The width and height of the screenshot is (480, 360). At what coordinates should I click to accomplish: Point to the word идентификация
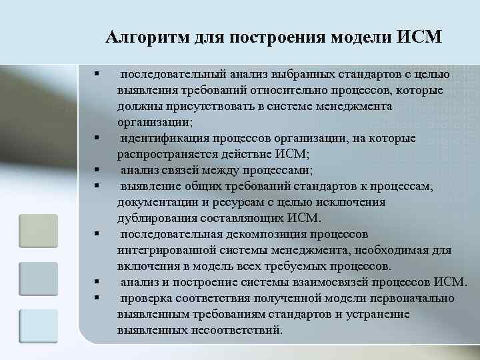coord(164,138)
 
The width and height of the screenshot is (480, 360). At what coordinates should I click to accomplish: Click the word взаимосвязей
coord(337,282)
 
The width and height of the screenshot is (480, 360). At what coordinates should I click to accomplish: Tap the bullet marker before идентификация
coord(97,138)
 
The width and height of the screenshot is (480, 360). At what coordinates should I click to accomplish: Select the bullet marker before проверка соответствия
coord(97,298)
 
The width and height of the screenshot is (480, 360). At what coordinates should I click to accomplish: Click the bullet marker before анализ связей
coord(97,170)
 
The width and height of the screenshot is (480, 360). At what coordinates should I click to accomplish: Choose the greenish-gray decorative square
coord(38,231)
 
